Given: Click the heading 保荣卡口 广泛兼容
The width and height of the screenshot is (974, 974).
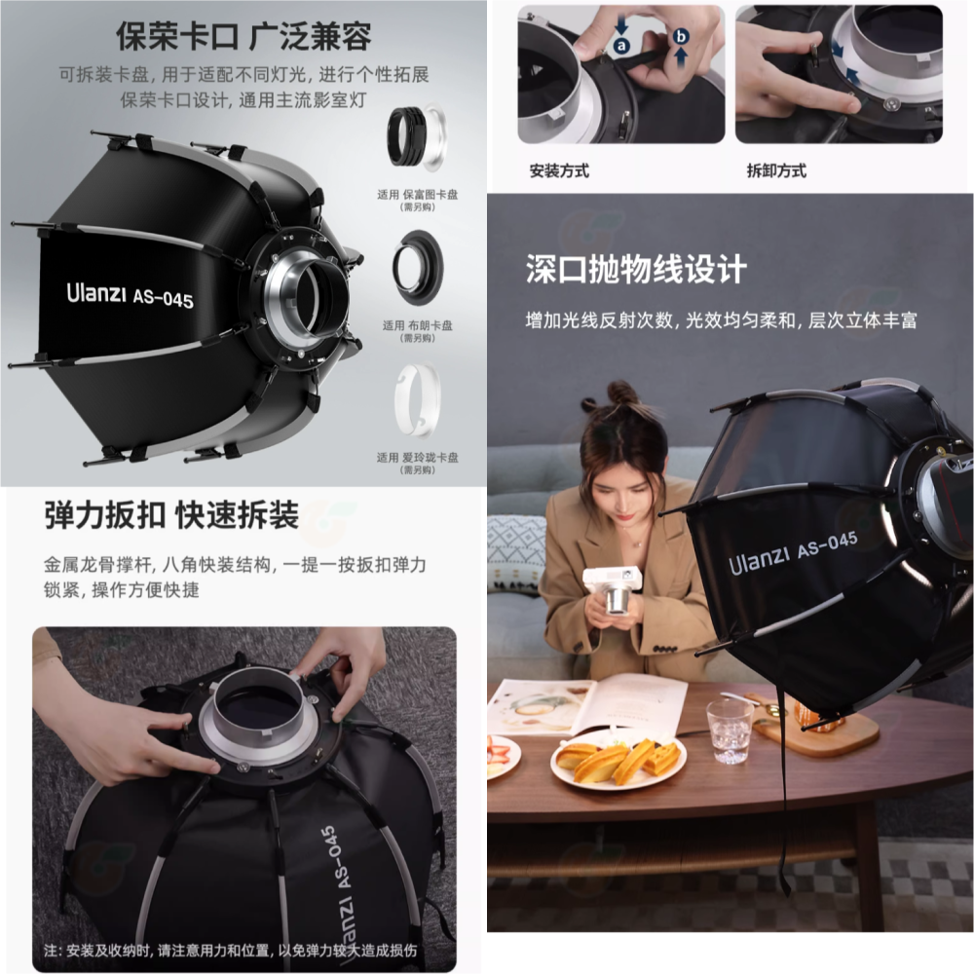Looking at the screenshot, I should pyautogui.click(x=243, y=36).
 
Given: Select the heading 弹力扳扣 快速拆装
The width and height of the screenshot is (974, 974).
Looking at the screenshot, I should pyautogui.click(x=171, y=515).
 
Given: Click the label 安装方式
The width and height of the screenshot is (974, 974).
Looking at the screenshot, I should pyautogui.click(x=559, y=171).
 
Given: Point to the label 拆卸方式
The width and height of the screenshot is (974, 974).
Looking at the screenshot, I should pyautogui.click(x=776, y=171).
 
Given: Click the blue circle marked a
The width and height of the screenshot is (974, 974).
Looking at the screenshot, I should pyautogui.click(x=622, y=46).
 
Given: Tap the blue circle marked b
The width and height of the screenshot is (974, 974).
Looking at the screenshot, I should pyautogui.click(x=682, y=36).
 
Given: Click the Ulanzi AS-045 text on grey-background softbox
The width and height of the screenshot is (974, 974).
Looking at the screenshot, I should pyautogui.click(x=130, y=294).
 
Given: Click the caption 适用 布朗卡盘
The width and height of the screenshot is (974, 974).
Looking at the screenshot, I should pyautogui.click(x=418, y=325).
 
